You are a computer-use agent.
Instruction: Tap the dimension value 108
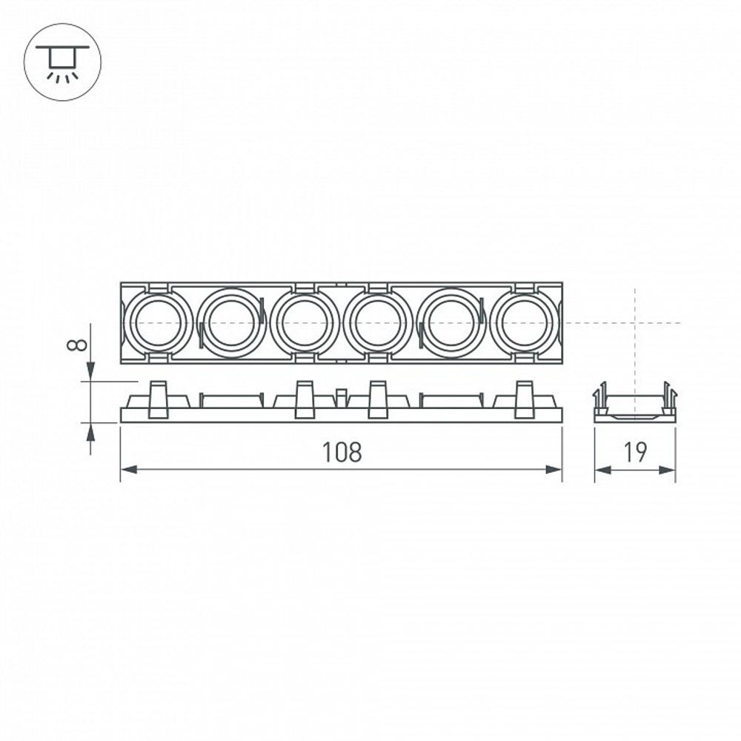[342, 452]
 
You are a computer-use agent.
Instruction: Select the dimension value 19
[634, 452]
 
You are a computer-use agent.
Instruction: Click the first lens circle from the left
[159, 323]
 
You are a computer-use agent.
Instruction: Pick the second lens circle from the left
[232, 323]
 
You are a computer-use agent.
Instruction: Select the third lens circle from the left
[305, 323]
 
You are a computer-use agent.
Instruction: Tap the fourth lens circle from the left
[378, 323]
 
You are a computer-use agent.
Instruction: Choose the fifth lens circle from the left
[451, 323]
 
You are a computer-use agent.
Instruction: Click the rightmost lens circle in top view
[524, 323]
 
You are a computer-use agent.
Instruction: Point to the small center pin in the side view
[341, 397]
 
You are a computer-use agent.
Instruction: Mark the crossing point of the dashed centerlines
[635, 323]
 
